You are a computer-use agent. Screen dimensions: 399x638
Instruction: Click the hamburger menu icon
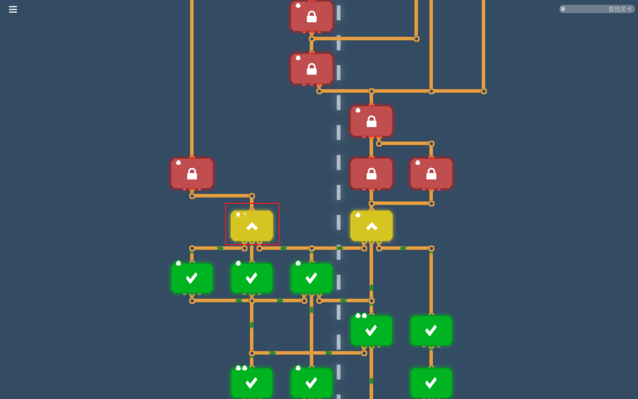click(x=13, y=9)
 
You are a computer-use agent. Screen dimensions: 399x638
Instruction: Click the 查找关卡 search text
click(x=620, y=9)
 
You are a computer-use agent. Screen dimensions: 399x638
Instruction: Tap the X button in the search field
click(x=563, y=9)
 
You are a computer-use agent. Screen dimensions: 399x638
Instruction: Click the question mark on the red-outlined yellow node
click(x=245, y=215)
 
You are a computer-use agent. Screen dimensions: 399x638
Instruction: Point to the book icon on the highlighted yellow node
click(x=238, y=215)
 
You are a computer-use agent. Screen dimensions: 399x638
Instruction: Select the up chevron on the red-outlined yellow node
click(x=252, y=226)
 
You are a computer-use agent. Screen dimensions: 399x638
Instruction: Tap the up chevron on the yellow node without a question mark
click(x=372, y=226)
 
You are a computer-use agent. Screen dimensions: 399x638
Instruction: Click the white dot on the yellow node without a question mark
click(x=358, y=215)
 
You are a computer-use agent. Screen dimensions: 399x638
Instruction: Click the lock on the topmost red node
click(x=312, y=17)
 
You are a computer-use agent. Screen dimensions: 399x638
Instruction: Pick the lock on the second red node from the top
click(x=312, y=69)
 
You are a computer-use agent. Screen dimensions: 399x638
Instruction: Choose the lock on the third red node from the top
click(x=372, y=122)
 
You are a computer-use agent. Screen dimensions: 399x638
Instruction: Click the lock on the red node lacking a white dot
click(x=372, y=174)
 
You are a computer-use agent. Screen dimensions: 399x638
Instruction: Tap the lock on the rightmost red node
click(x=431, y=174)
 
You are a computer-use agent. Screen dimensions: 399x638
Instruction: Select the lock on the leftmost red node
click(x=192, y=174)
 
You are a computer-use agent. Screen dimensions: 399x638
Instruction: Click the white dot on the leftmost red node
click(x=178, y=163)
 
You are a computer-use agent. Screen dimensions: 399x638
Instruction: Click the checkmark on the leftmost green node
click(x=192, y=278)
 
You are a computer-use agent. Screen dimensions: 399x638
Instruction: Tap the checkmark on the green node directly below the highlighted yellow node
click(x=251, y=278)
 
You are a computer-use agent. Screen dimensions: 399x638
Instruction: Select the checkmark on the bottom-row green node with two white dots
click(x=251, y=383)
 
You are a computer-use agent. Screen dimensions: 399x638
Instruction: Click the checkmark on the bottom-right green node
click(x=431, y=383)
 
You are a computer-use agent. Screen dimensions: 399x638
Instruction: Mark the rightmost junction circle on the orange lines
click(x=484, y=91)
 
